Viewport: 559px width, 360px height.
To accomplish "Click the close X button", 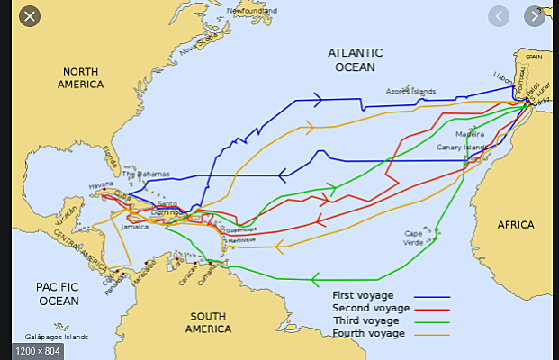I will [30, 16].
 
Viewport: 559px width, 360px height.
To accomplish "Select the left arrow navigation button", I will [500, 16].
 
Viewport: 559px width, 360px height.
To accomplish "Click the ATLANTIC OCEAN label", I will [355, 59].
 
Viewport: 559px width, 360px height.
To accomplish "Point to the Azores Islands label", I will [410, 91].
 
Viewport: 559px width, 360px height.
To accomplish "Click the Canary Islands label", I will [461, 147].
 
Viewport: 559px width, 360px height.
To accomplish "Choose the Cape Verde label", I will [413, 238].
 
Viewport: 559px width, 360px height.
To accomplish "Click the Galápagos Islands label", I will [57, 337].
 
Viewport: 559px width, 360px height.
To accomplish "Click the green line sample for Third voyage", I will [431, 321].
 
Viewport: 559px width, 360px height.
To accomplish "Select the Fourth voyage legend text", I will [369, 334].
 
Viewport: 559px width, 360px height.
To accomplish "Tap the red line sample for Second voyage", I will [431, 309].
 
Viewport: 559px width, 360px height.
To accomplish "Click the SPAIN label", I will [534, 56].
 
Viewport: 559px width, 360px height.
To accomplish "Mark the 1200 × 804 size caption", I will [39, 349].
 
